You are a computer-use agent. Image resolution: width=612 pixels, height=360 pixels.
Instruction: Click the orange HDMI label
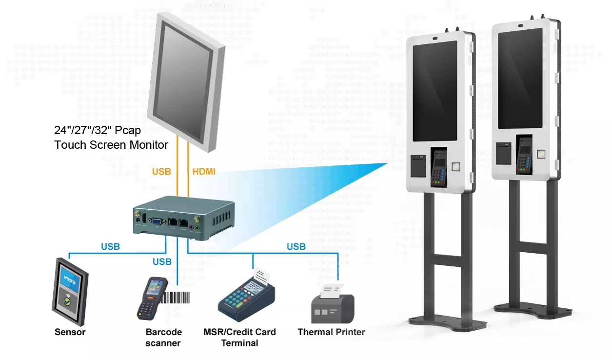[x=204, y=172]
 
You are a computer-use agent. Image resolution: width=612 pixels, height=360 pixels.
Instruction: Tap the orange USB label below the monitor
[x=161, y=172]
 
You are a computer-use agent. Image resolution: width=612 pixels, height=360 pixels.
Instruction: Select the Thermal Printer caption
[x=331, y=332]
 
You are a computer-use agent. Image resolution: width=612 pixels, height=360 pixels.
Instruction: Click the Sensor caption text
[x=70, y=332]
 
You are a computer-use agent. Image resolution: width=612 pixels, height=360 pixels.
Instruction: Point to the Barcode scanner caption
[x=163, y=338]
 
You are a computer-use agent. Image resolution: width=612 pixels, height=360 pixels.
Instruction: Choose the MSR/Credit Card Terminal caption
[x=239, y=338]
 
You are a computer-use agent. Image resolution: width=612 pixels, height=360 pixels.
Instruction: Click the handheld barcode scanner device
[x=152, y=298]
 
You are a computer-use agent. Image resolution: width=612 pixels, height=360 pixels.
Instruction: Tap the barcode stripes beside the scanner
[x=175, y=298]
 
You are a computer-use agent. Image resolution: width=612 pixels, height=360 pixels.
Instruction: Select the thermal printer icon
[x=333, y=304]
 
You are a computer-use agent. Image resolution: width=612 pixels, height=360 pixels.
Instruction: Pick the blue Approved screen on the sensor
[x=70, y=280]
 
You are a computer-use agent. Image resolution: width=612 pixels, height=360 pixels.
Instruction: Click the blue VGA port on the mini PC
[x=157, y=221]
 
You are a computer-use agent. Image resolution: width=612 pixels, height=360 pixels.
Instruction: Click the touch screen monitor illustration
[x=186, y=82]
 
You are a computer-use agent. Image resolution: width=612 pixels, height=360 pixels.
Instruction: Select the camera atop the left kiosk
[x=435, y=38]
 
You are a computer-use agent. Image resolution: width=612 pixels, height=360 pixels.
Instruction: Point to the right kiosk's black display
[x=520, y=79]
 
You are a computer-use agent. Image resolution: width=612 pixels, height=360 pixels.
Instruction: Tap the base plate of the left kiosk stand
[x=448, y=323]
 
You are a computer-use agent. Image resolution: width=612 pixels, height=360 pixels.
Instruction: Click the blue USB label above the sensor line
[x=110, y=246]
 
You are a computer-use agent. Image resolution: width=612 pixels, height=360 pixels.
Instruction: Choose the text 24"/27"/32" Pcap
[x=97, y=130]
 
